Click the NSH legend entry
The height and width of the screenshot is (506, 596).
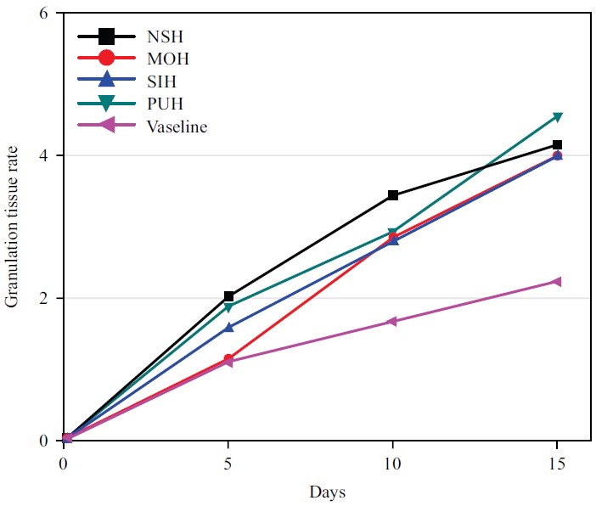pyautogui.click(x=167, y=37)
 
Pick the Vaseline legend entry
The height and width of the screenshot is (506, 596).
pyautogui.click(x=177, y=127)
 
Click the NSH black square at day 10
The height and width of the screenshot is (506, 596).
pyautogui.click(x=392, y=195)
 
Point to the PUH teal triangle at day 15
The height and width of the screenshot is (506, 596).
pyautogui.click(x=557, y=117)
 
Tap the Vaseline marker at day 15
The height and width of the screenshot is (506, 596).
pyautogui.click(x=556, y=281)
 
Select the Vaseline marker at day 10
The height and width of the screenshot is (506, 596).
pyautogui.click(x=391, y=322)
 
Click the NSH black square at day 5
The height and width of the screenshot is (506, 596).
pyautogui.click(x=228, y=296)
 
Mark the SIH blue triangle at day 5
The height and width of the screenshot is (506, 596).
pyautogui.click(x=228, y=326)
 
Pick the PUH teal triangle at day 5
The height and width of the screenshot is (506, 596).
pyautogui.click(x=228, y=307)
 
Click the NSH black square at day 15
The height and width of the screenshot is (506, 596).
pyautogui.click(x=557, y=145)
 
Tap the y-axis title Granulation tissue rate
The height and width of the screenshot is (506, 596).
pyautogui.click(x=13, y=227)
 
